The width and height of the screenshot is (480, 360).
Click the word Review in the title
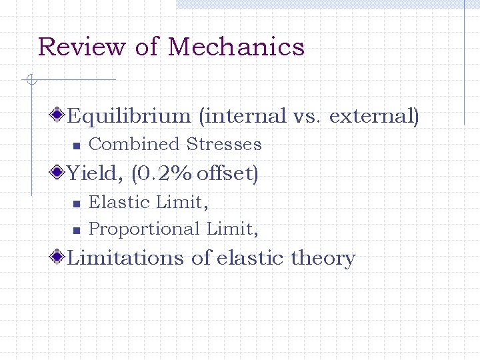[x=81, y=47]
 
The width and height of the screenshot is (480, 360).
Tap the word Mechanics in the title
[x=236, y=47]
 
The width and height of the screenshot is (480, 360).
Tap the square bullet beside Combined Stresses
[x=76, y=145]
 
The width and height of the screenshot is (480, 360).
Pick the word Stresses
[x=224, y=145]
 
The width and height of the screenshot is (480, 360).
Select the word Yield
[x=95, y=174]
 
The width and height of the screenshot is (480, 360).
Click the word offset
[x=225, y=174]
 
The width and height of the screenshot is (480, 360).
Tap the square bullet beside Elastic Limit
[x=76, y=203]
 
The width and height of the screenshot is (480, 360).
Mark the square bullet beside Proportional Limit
[x=76, y=230]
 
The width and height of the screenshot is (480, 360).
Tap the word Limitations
[x=127, y=258]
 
